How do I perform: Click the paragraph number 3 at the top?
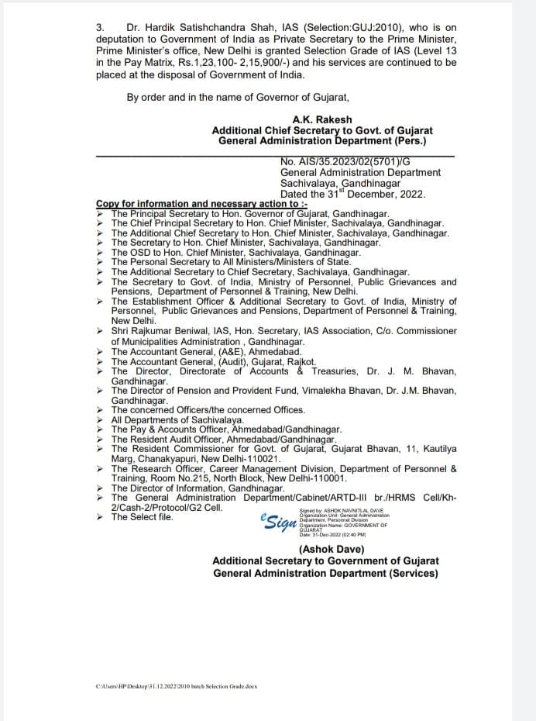(100, 26)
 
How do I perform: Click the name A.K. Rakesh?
(322, 120)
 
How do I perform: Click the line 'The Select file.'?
(142, 517)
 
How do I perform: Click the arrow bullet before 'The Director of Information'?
(101, 488)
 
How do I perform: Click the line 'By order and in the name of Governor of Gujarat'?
(238, 97)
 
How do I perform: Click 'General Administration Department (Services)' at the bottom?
(325, 574)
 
